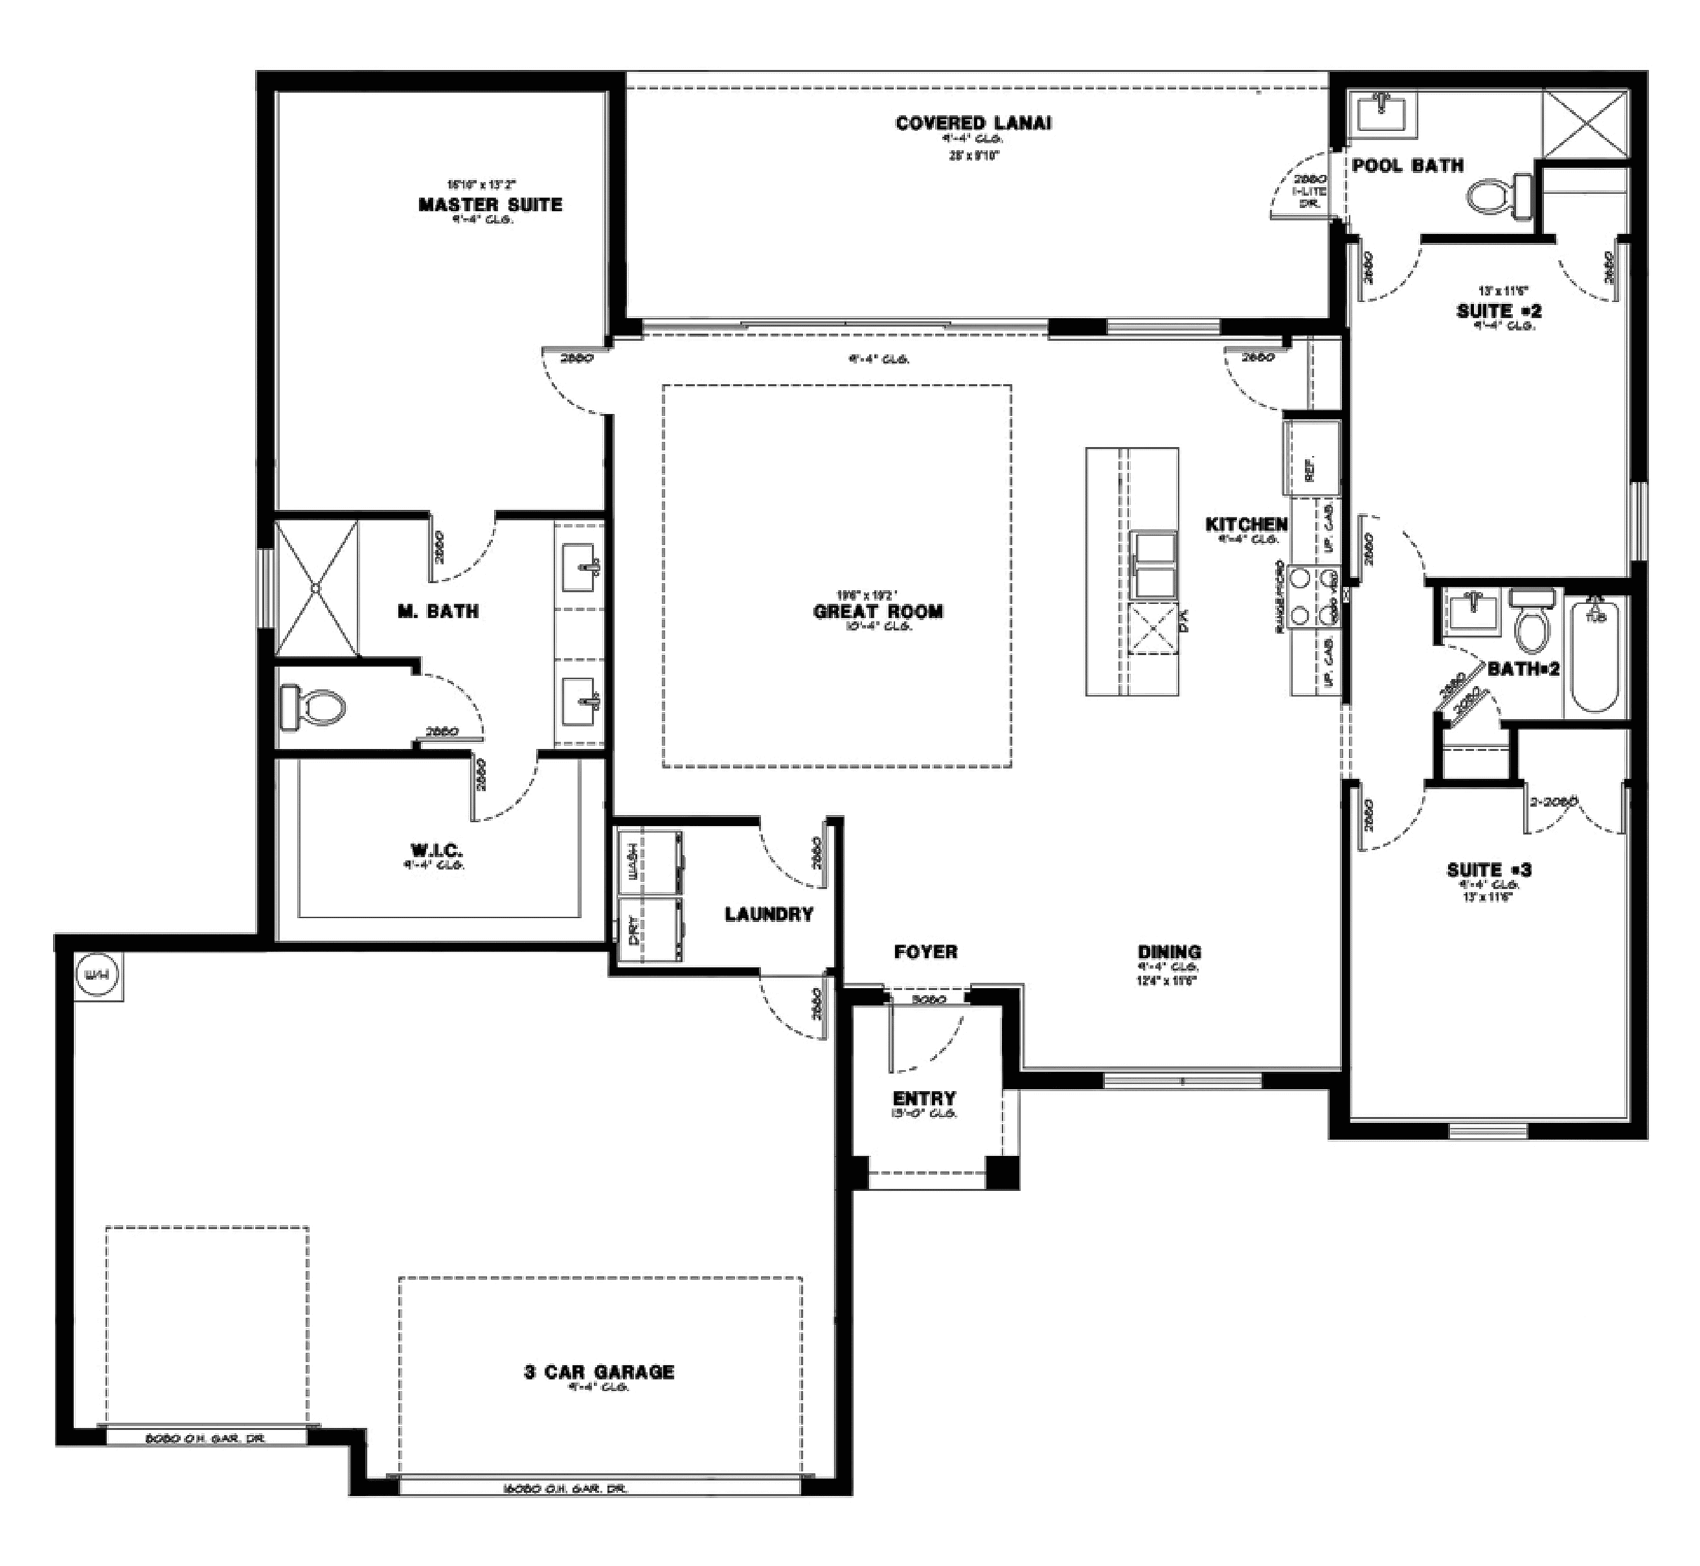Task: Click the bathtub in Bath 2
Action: click(1596, 654)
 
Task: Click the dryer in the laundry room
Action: click(650, 930)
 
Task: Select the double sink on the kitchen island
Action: click(1155, 564)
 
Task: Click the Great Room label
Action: click(878, 611)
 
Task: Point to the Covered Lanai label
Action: click(973, 123)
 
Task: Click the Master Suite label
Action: click(490, 204)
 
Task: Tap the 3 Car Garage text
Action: click(599, 1371)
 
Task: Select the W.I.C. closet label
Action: click(436, 849)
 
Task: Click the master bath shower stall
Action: click(316, 587)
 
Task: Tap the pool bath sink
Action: click(1383, 113)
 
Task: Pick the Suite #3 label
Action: click(1488, 869)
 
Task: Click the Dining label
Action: click(1169, 952)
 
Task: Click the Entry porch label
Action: click(924, 1098)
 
